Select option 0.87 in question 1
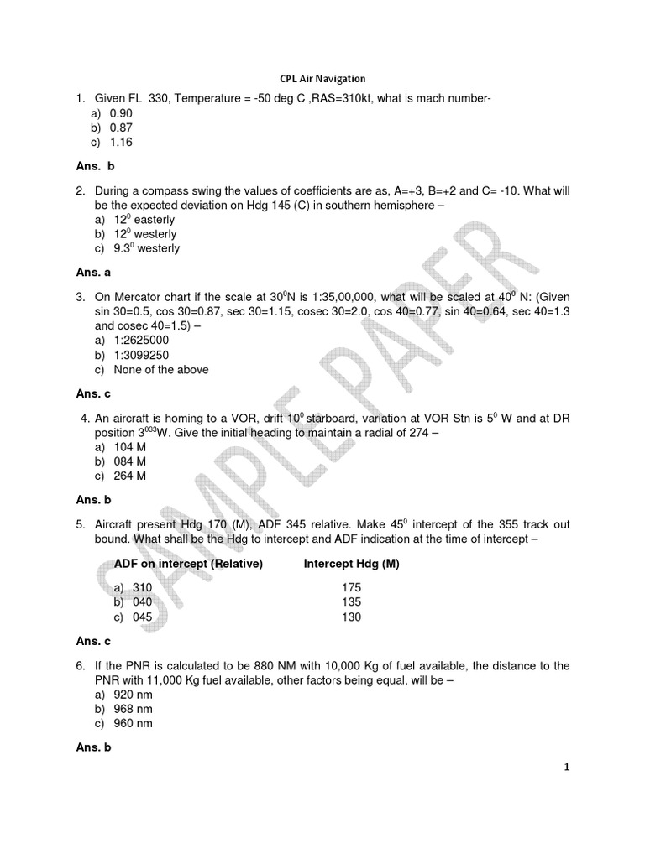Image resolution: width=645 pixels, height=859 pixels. (121, 128)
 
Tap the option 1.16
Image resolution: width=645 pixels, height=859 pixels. (121, 142)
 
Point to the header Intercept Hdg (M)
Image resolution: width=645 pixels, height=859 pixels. (351, 564)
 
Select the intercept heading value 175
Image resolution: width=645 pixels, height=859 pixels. (351, 588)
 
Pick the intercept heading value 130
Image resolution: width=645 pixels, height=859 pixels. (351, 617)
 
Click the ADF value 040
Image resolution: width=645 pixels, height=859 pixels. (133, 602)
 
